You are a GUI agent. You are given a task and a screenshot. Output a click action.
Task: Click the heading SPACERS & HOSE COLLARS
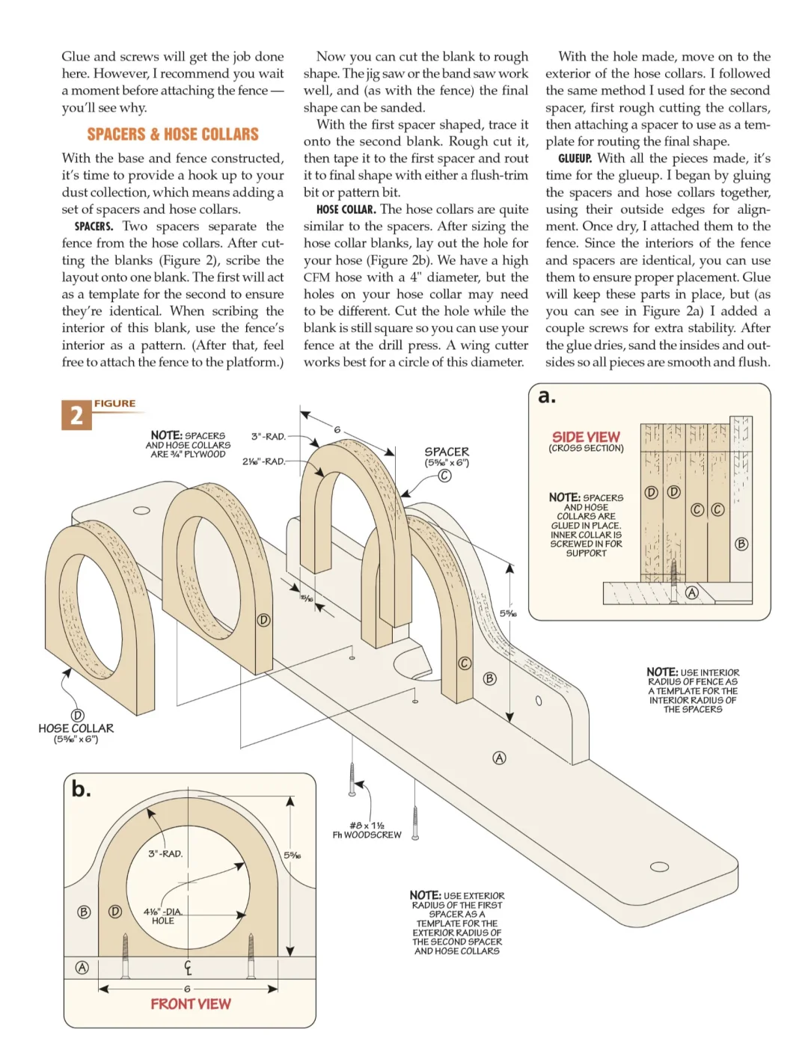click(173, 135)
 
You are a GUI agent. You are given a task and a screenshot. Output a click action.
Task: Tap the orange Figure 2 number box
click(76, 415)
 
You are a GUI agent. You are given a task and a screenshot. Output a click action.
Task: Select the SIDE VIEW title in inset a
click(586, 437)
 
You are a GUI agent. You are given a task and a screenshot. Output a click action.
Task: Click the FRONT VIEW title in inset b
click(191, 1004)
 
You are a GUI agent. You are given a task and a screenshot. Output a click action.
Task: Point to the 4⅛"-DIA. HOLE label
click(163, 916)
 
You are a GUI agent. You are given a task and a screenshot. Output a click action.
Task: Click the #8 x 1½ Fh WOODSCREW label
click(367, 830)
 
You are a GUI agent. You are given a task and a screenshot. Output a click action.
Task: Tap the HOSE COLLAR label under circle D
click(76, 728)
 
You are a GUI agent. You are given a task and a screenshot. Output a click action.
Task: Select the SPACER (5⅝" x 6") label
click(447, 456)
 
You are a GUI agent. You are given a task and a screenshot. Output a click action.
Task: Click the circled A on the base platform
click(499, 758)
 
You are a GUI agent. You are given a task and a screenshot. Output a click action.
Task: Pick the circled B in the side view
click(741, 544)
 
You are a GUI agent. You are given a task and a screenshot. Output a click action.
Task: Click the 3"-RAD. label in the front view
click(165, 853)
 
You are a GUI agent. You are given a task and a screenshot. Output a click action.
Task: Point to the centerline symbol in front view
click(188, 968)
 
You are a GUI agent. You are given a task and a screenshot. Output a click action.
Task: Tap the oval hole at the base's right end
click(659, 867)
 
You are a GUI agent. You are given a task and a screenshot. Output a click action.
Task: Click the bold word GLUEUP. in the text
click(575, 159)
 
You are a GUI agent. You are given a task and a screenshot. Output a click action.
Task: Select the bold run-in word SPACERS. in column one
click(94, 227)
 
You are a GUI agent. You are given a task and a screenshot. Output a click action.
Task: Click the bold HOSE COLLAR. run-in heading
click(346, 209)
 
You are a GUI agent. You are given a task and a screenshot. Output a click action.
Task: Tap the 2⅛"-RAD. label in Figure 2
click(263, 461)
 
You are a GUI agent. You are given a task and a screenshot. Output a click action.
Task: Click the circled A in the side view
click(692, 592)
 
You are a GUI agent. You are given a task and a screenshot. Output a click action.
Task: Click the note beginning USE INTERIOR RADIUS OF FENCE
click(693, 690)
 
